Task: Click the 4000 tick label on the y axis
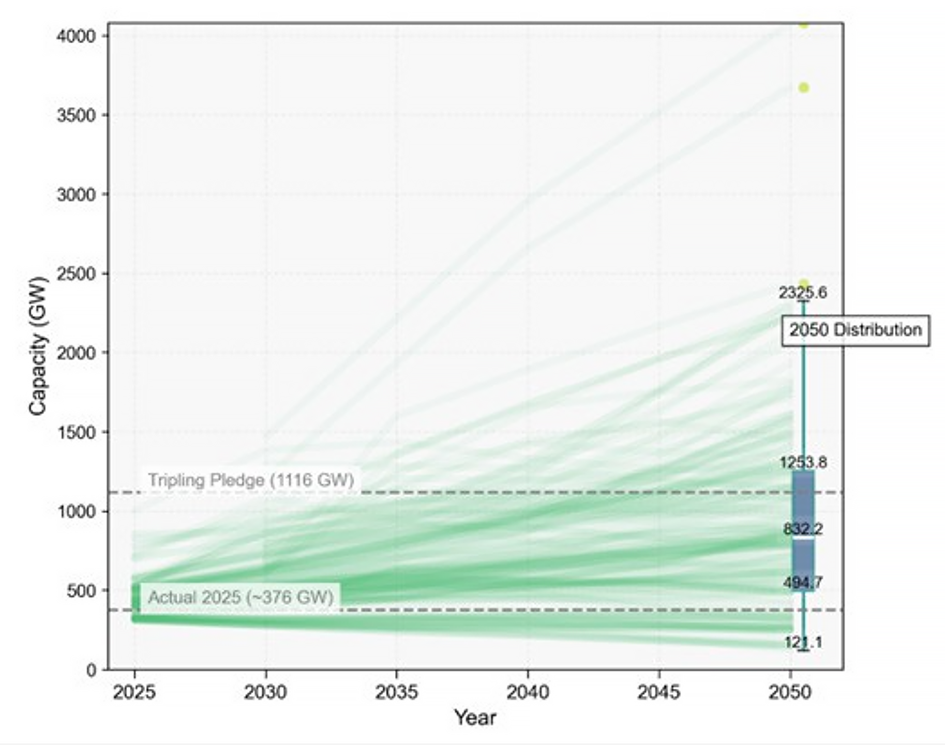click(x=77, y=36)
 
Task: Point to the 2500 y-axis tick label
click(x=77, y=273)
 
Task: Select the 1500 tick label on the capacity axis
click(x=77, y=432)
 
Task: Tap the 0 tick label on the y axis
click(x=91, y=670)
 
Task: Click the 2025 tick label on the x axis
click(x=134, y=692)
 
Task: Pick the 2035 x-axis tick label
click(x=397, y=692)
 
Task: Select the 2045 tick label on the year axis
click(x=659, y=692)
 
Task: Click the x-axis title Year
click(x=475, y=717)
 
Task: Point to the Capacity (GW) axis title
click(x=38, y=346)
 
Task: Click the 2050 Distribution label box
click(x=855, y=330)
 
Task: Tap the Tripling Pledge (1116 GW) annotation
click(x=251, y=480)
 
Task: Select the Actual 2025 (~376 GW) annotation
click(x=241, y=597)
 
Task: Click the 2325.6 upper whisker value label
click(x=803, y=293)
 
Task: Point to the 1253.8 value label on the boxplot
click(x=803, y=462)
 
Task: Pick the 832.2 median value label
click(x=803, y=528)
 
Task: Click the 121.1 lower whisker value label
click(x=803, y=643)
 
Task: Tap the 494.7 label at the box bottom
click(x=803, y=583)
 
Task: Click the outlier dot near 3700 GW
click(x=803, y=88)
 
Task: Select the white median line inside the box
click(x=803, y=538)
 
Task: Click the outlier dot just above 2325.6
click(x=803, y=283)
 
